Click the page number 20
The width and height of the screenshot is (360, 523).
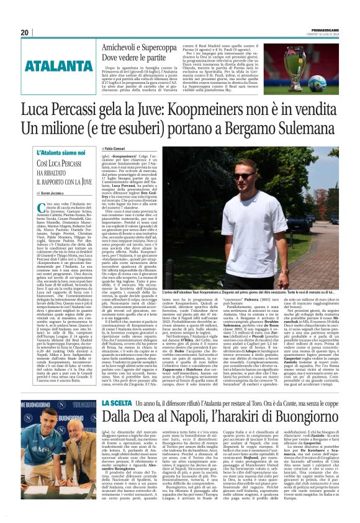point(24,32)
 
